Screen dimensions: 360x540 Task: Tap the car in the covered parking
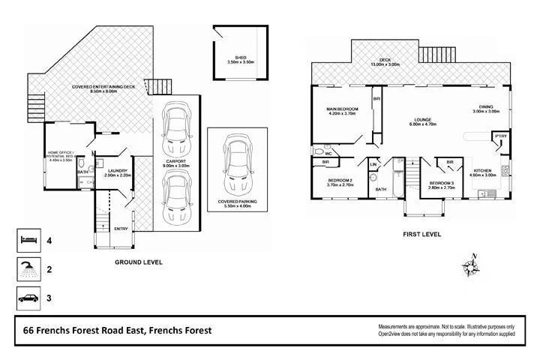coord(237,167)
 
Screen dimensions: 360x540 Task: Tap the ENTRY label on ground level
coord(121,229)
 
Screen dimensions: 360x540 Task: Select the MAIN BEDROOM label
coord(342,109)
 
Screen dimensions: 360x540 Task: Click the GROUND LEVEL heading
coord(138,262)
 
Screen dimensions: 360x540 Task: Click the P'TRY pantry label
coord(498,136)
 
